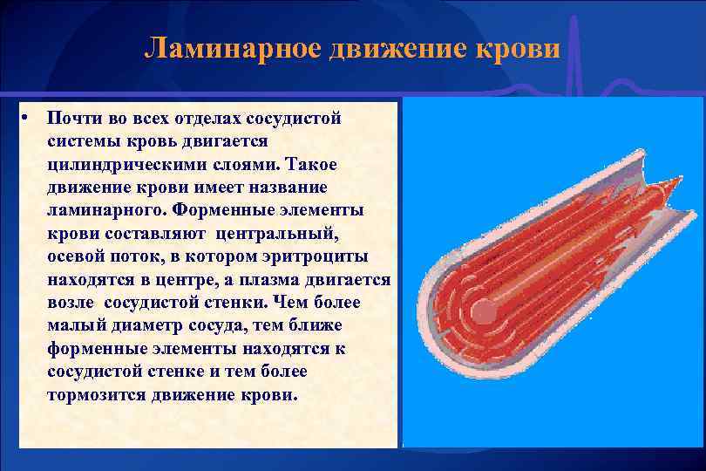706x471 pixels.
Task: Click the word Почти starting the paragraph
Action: click(x=71, y=118)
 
